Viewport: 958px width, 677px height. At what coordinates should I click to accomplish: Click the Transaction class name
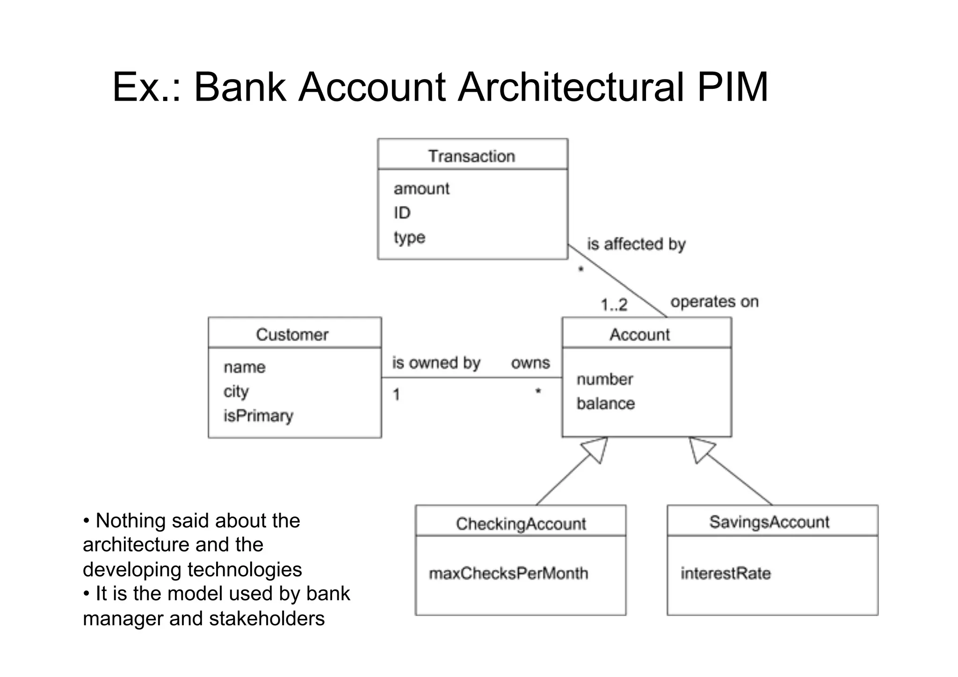[472, 156]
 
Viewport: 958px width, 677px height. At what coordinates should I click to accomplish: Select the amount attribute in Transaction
[421, 189]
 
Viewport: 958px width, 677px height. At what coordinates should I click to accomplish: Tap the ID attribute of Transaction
[402, 213]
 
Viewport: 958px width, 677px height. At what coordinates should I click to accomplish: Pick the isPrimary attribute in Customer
[258, 415]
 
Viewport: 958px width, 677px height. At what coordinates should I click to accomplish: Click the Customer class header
[292, 335]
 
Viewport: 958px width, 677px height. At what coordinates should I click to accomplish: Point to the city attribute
[236, 392]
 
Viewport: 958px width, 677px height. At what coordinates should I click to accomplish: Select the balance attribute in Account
[605, 403]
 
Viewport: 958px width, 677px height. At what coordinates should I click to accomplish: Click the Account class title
[639, 335]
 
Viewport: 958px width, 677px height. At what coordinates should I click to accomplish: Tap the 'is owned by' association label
[436, 363]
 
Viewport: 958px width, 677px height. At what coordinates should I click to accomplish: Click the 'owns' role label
[530, 363]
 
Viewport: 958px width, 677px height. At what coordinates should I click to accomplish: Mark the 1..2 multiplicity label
[614, 305]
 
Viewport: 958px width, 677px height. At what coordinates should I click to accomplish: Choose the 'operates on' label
[714, 302]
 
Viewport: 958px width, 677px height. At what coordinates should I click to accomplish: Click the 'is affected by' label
[636, 244]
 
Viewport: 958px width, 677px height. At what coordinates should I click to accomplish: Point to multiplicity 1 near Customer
[396, 395]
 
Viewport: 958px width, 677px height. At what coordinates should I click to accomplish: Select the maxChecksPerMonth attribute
[508, 573]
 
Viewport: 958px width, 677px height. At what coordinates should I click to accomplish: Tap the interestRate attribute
[726, 573]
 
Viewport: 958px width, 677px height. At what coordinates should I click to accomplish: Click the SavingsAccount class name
[769, 522]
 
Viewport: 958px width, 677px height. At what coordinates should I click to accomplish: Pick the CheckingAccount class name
[521, 524]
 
